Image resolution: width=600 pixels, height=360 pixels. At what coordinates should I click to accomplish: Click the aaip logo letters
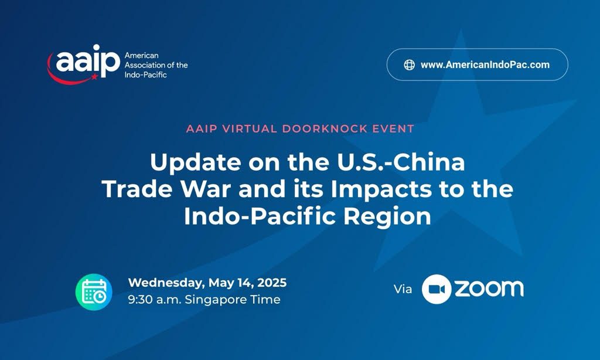88,61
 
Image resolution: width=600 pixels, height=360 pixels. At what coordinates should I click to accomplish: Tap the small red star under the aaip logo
94,77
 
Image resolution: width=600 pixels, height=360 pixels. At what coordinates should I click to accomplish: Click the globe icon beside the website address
410,64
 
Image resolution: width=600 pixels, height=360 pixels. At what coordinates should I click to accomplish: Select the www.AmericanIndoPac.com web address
485,64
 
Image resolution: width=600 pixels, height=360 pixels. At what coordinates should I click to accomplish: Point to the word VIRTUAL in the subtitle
250,128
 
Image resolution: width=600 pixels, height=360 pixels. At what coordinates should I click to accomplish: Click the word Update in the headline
196,162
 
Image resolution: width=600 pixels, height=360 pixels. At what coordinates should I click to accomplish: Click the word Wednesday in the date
166,283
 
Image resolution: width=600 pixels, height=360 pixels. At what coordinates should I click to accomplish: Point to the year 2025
272,283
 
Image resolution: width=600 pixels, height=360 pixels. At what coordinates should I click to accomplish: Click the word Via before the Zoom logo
403,289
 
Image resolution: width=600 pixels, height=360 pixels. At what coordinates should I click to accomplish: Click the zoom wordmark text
489,289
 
